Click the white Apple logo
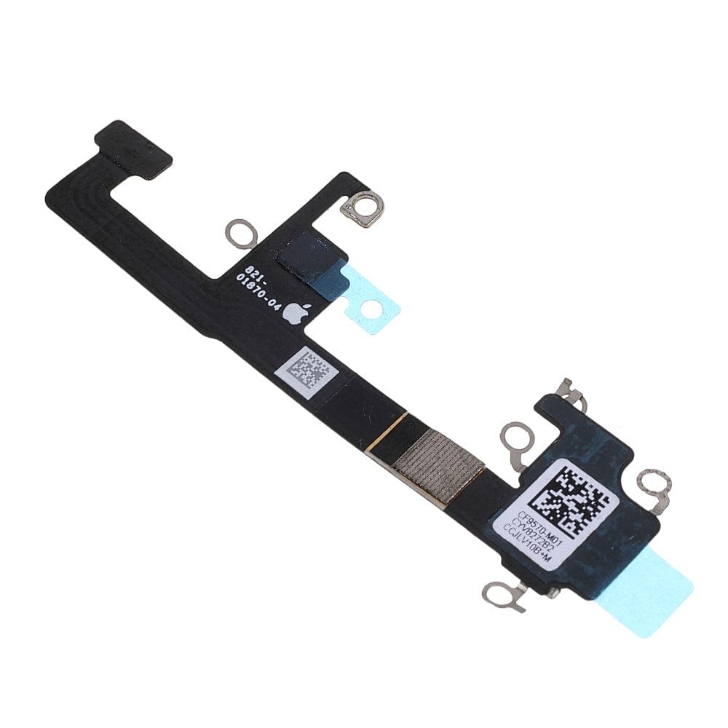click(x=293, y=313)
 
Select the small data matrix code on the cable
click(x=307, y=369)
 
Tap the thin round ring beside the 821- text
click(x=238, y=233)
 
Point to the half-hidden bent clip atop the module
click(x=570, y=393)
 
